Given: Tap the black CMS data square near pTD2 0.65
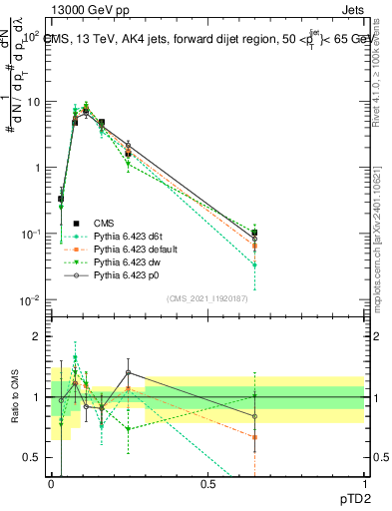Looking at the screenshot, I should click(254, 233).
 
